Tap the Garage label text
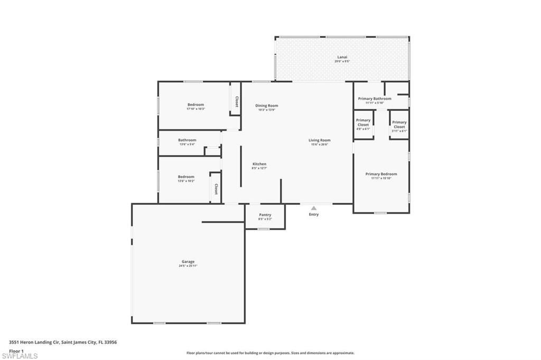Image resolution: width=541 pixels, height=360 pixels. (188, 261)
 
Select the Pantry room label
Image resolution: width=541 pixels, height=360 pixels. (265, 215)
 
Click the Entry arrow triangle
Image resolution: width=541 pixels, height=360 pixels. (314, 208)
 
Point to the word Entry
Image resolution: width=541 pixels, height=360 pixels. (314, 214)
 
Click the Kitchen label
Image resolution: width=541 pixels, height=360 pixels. (259, 164)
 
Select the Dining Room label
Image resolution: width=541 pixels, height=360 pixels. (266, 106)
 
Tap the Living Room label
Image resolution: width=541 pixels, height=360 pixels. (319, 140)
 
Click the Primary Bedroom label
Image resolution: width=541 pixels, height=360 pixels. (381, 174)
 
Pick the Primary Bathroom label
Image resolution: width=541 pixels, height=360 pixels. (375, 99)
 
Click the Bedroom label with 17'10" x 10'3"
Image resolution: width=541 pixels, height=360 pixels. (195, 105)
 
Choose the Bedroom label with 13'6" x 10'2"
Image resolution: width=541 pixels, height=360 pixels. (186, 177)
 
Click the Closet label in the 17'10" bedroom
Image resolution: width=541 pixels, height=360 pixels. (237, 101)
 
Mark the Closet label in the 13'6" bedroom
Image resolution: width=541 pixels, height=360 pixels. (216, 188)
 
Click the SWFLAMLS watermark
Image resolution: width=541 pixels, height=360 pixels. (20, 356)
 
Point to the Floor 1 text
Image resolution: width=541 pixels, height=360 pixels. (16, 350)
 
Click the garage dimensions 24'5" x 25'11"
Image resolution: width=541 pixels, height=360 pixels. (188, 266)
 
